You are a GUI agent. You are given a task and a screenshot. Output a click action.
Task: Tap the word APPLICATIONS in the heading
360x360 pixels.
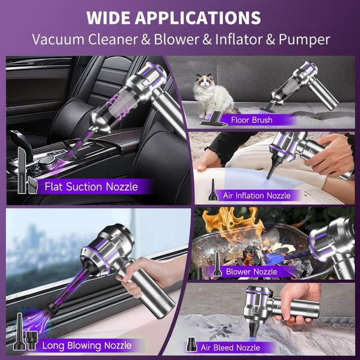197,17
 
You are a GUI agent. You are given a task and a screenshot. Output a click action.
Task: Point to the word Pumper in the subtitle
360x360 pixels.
304,40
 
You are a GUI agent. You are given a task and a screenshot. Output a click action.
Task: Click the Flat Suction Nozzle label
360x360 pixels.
91,187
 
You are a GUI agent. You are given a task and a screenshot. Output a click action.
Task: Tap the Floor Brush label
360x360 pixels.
251,120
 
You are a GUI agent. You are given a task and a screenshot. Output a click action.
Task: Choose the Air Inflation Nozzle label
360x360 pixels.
257,195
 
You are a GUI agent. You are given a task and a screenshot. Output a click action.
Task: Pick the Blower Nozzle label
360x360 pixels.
251,272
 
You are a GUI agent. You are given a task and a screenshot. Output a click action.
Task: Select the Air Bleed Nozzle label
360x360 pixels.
230,348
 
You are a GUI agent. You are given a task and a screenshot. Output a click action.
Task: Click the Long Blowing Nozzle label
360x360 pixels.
87,346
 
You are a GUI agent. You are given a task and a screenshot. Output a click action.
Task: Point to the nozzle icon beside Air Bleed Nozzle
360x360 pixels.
191,345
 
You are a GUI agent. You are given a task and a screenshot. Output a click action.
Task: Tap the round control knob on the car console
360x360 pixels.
45,161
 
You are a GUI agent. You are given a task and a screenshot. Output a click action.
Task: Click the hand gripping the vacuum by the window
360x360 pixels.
142,276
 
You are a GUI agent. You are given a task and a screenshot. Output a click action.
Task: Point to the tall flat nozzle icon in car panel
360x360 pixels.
22,170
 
